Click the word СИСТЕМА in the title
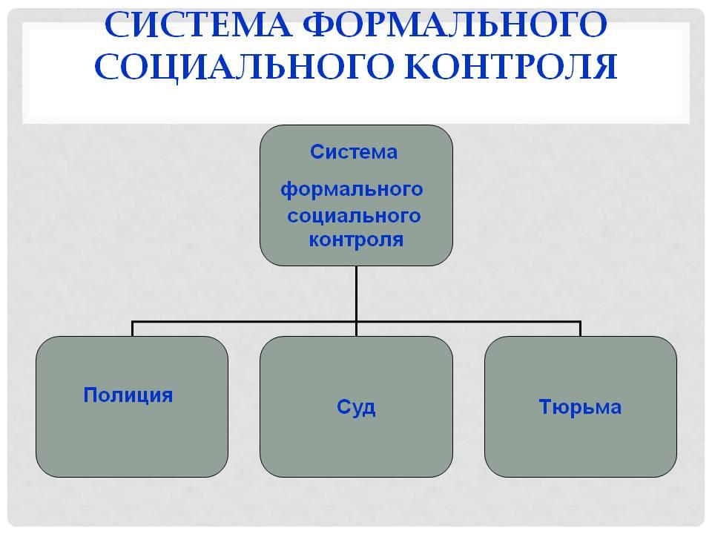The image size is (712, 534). (198, 24)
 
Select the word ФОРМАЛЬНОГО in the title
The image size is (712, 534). (455, 24)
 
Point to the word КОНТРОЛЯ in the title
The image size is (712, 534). (511, 67)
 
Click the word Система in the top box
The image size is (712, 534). (354, 151)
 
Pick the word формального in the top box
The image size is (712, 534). (352, 189)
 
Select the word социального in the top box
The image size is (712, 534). (354, 215)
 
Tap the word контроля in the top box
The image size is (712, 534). (356, 240)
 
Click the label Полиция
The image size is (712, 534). (128, 395)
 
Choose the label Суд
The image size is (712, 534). (356, 407)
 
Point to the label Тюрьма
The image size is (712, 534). (580, 406)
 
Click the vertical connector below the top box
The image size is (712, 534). (357, 294)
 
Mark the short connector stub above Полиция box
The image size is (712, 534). (132, 329)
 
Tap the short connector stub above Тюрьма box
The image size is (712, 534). (580, 329)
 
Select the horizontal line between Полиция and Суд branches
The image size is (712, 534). (244, 322)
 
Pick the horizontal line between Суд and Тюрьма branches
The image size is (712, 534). (469, 322)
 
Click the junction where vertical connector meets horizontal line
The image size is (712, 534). (357, 322)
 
